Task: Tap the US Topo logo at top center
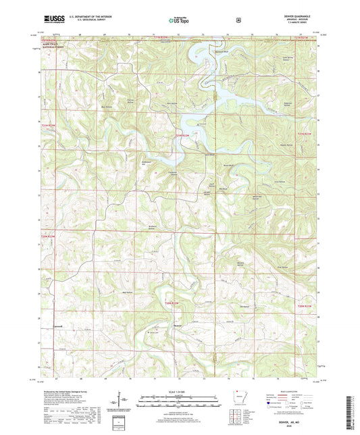pyautogui.click(x=179, y=20)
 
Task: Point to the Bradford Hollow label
pyautogui.click(x=154, y=226)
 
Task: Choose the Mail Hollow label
pyautogui.click(x=126, y=292)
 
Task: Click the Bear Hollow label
pyautogui.click(x=106, y=107)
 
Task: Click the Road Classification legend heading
pyautogui.click(x=290, y=391)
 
